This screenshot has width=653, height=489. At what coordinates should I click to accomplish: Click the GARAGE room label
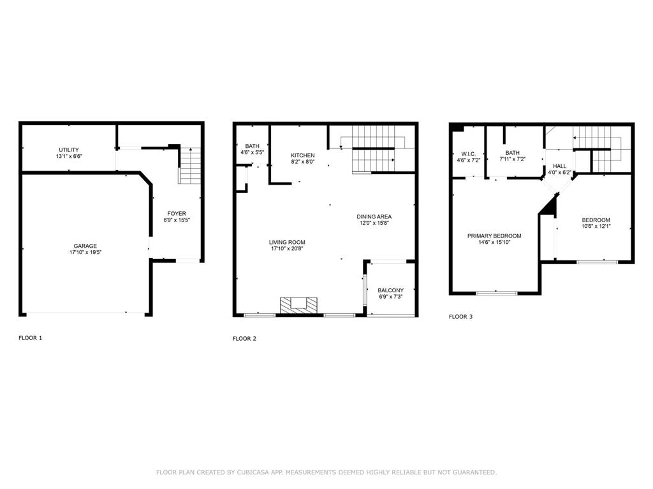click(x=85, y=246)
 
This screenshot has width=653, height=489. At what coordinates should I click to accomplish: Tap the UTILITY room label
click(x=69, y=150)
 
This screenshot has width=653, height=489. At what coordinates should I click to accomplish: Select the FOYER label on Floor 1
click(x=177, y=213)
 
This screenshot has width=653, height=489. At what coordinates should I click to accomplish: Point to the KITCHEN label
click(x=302, y=155)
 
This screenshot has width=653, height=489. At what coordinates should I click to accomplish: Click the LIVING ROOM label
click(x=287, y=242)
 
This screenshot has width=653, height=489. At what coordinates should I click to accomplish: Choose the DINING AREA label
click(x=374, y=216)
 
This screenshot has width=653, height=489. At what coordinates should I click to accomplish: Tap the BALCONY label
click(x=390, y=290)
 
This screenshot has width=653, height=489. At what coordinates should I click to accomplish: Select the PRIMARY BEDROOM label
click(x=494, y=236)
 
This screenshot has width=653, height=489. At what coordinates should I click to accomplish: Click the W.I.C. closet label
click(x=469, y=153)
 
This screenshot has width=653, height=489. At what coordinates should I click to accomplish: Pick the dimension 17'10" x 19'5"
click(x=85, y=253)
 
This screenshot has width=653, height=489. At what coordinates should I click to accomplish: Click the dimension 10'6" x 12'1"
click(x=596, y=226)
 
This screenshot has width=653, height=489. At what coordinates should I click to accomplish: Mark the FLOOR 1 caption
click(x=30, y=338)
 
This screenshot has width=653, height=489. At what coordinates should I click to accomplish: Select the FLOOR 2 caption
click(x=244, y=339)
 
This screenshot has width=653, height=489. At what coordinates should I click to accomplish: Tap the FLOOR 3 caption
click(x=460, y=316)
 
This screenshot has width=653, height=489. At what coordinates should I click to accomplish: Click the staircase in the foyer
click(x=189, y=166)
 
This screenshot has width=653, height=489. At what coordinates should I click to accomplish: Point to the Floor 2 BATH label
click(x=252, y=146)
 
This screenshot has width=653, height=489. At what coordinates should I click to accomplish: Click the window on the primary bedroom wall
click(x=496, y=293)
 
